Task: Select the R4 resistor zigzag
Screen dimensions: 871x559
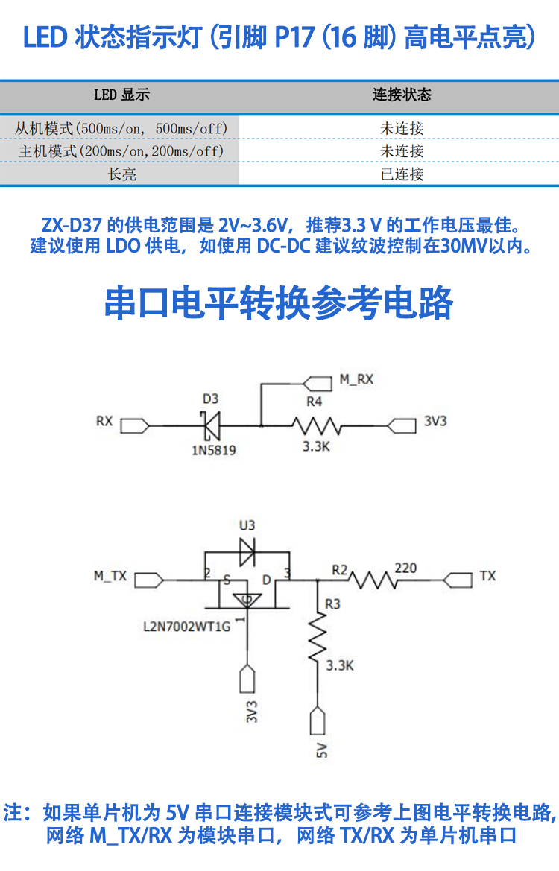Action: (x=316, y=426)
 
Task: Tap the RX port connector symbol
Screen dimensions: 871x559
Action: (x=134, y=425)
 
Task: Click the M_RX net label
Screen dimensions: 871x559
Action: (x=356, y=379)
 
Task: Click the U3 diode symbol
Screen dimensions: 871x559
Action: (x=247, y=551)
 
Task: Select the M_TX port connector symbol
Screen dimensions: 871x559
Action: (x=148, y=578)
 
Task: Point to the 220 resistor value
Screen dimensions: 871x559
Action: (x=405, y=568)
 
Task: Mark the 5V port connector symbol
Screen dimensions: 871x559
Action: (x=318, y=721)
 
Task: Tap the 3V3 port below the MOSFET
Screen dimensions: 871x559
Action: (x=247, y=679)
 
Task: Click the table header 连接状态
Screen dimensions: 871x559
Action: (x=401, y=95)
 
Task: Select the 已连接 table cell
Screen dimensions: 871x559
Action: (x=401, y=174)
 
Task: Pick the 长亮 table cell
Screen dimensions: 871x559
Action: (x=121, y=174)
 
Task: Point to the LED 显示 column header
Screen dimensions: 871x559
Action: (x=121, y=95)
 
